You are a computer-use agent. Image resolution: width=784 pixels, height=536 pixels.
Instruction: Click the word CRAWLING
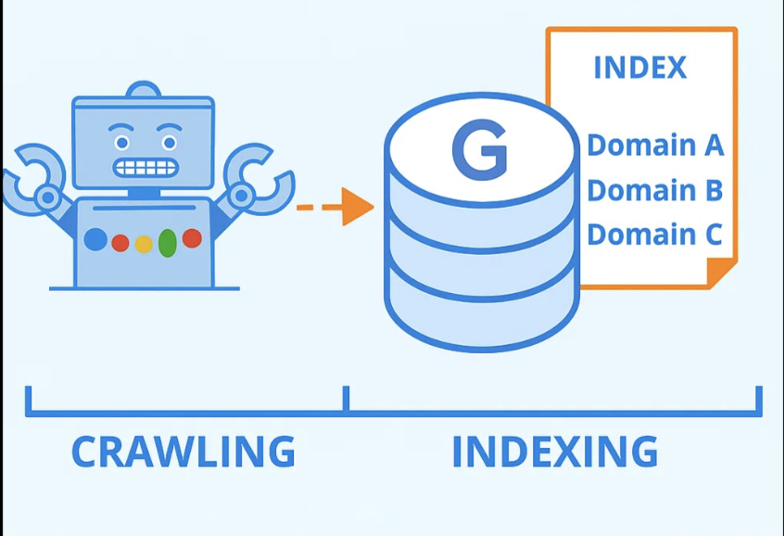click(183, 452)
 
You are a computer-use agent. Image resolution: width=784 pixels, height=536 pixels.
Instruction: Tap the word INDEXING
click(554, 452)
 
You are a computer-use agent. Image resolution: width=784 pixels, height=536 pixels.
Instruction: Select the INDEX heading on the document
click(639, 68)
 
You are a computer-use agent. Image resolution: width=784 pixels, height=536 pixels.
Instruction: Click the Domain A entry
click(654, 146)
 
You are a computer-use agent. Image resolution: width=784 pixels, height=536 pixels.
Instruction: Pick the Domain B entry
click(654, 190)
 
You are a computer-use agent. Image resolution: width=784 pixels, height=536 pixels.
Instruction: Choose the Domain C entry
click(654, 234)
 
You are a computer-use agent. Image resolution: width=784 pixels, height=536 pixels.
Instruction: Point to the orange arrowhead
click(356, 207)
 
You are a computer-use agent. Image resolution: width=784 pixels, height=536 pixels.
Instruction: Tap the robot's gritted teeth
click(144, 168)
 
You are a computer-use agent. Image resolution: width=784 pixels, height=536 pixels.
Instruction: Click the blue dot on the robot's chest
click(95, 239)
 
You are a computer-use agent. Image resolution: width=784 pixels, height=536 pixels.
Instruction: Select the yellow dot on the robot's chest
click(144, 244)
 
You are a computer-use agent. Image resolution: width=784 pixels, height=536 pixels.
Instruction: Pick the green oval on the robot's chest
click(168, 242)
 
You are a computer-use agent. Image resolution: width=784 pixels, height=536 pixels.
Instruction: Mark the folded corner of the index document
click(720, 272)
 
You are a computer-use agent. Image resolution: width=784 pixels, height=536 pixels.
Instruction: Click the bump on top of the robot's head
click(144, 90)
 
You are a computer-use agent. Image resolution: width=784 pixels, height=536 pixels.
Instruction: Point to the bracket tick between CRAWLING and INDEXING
click(345, 400)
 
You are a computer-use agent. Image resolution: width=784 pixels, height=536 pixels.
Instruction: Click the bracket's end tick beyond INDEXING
click(759, 400)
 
